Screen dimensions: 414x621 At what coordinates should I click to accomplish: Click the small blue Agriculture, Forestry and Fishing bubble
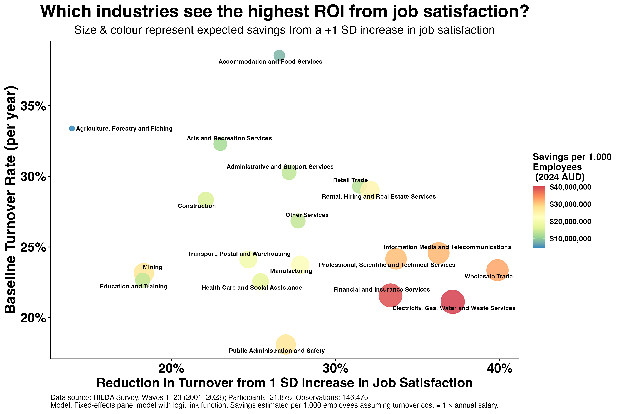pos(72,128)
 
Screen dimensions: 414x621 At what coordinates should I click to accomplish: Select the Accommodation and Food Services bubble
pos(279,55)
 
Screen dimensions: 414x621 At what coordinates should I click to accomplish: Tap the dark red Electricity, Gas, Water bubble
pos(452,302)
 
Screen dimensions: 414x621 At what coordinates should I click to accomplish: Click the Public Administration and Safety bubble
pos(286,344)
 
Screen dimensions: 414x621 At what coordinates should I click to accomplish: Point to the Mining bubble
pos(144,273)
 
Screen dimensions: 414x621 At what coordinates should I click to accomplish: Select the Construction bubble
pos(206,199)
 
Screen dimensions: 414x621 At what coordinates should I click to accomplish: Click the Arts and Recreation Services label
pos(229,138)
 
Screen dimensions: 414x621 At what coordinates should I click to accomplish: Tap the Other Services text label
pos(307,215)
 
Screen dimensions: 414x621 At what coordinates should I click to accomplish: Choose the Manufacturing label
pos(291,271)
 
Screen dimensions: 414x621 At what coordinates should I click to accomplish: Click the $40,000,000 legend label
pos(570,187)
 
